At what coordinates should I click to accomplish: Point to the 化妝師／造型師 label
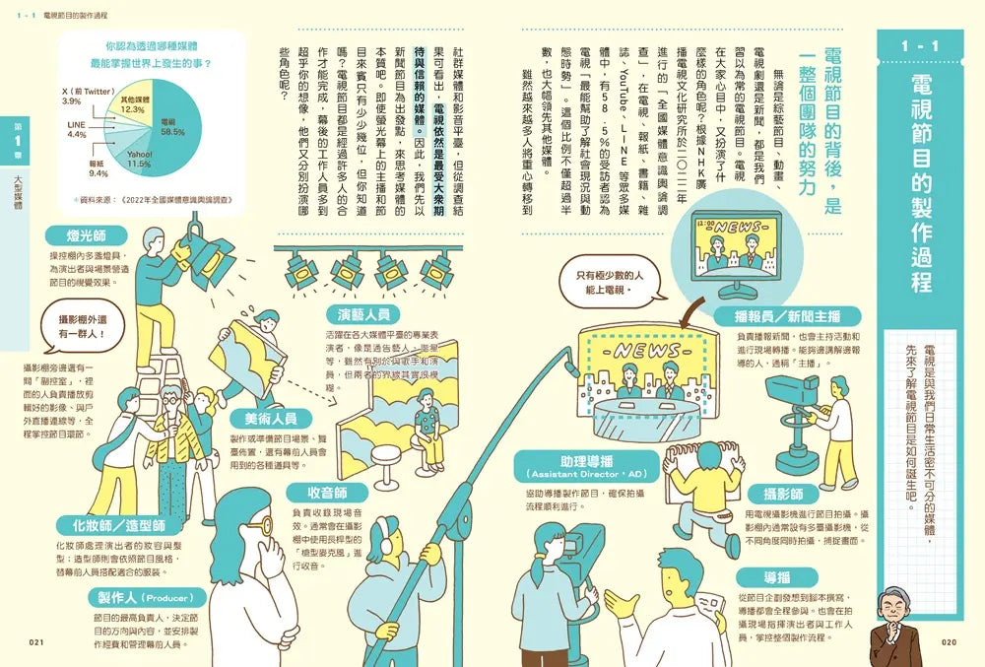click(x=109, y=525)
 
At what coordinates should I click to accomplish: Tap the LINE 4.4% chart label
click(x=77, y=130)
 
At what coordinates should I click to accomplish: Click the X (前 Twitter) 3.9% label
click(x=87, y=96)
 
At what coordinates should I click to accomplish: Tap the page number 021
click(x=37, y=643)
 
